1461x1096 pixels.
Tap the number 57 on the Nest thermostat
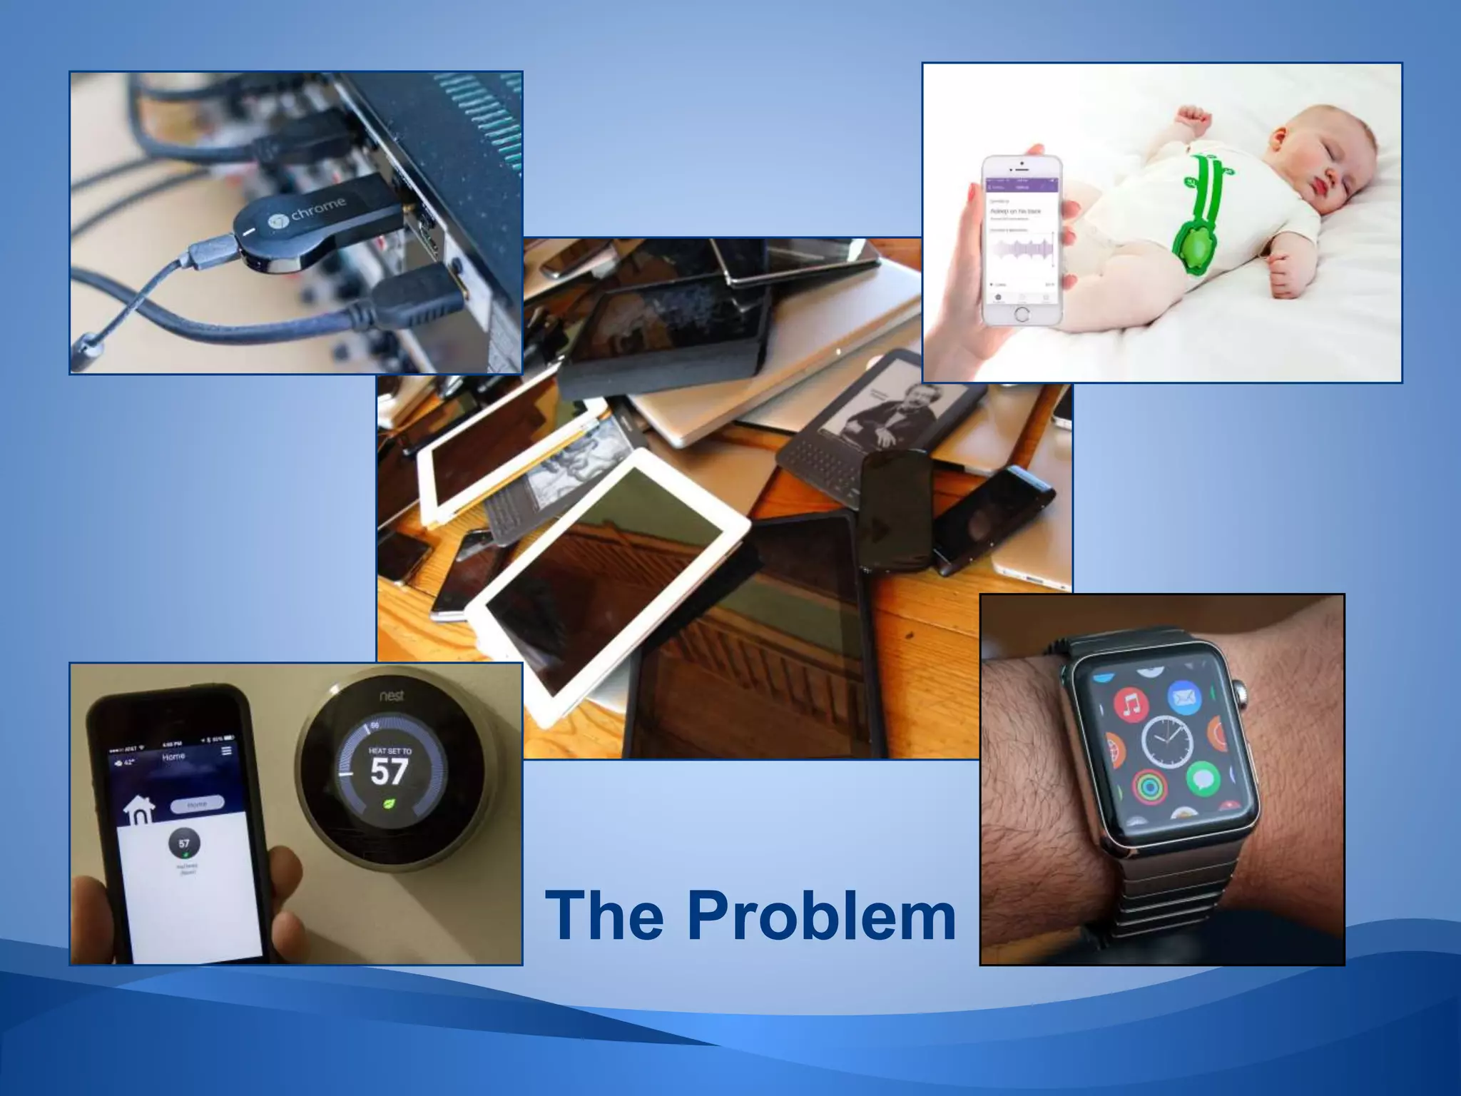click(389, 771)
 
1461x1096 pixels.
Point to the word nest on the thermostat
click(391, 695)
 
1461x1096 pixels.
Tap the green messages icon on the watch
click(1203, 778)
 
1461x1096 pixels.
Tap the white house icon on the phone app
click(140, 811)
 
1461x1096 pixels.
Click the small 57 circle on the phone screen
click(184, 843)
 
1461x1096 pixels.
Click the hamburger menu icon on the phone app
click(227, 751)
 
